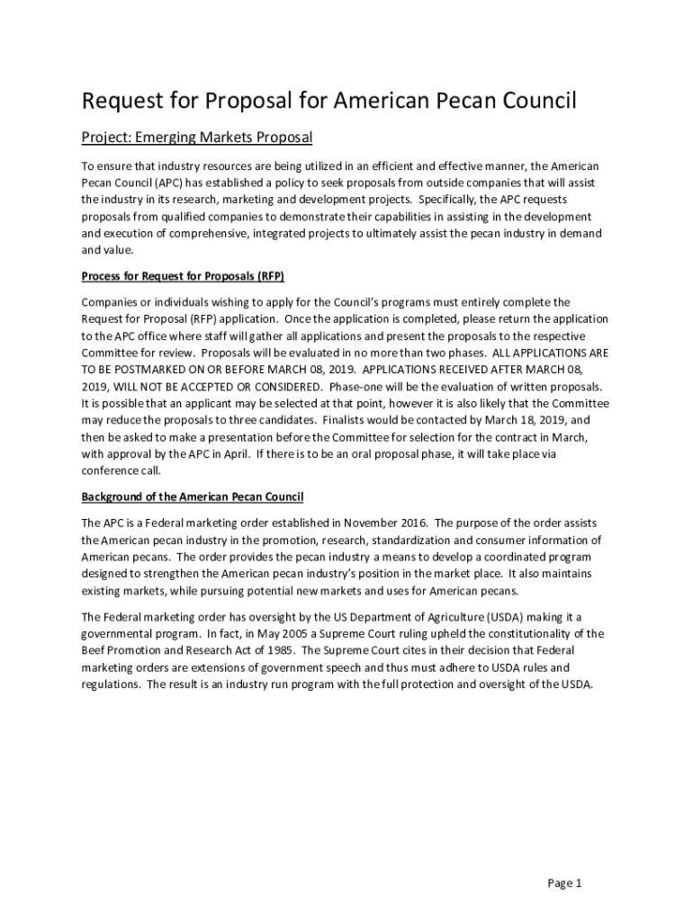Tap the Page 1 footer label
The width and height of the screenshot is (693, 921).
[x=565, y=882]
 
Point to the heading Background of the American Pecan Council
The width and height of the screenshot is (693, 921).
[x=193, y=496]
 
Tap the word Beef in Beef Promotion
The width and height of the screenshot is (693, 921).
[x=94, y=650]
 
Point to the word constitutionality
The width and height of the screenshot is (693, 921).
[x=519, y=633]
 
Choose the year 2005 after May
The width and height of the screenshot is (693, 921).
[x=231, y=633]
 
